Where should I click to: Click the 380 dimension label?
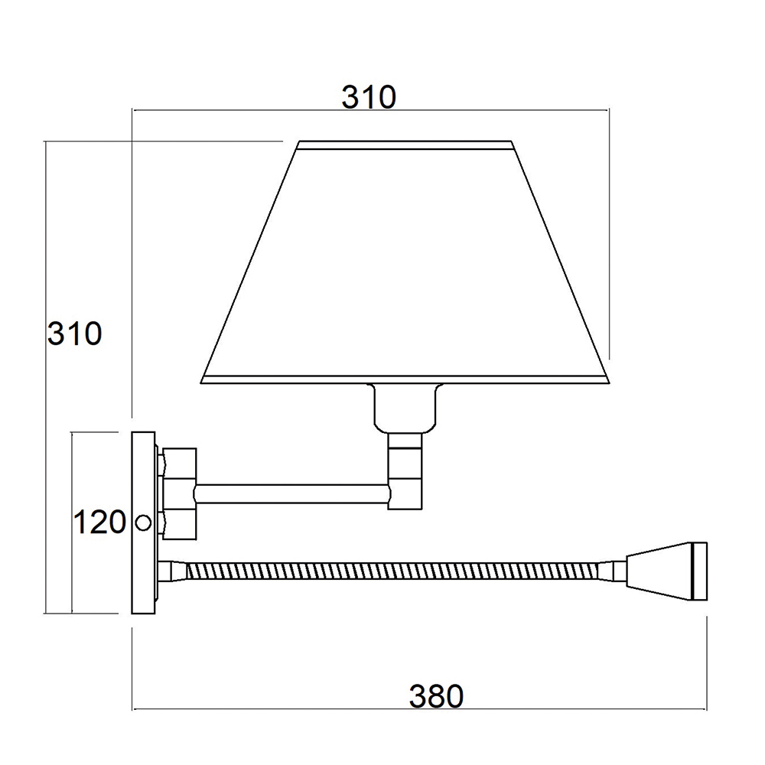tap(436, 696)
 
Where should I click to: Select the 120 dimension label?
tap(100, 522)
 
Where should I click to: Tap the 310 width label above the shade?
tap(369, 97)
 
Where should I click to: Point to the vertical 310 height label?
tap(75, 334)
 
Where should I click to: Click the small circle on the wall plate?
tap(143, 523)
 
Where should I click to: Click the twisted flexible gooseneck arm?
tap(392, 571)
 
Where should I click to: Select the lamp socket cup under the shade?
tap(405, 408)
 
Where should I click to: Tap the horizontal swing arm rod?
tap(292, 493)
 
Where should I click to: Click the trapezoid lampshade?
tap(405, 262)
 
